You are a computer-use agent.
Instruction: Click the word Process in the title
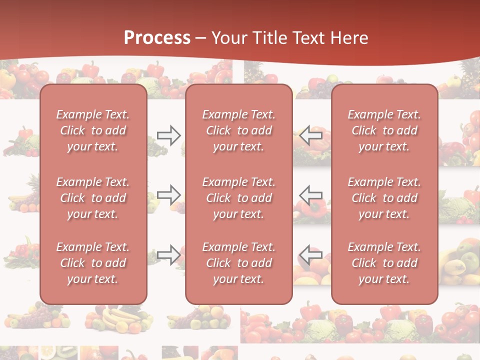157,38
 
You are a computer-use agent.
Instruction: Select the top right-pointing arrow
168,135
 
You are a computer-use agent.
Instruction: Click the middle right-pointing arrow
168,194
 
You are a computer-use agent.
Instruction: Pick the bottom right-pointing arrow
168,254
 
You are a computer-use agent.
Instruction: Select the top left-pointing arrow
311,135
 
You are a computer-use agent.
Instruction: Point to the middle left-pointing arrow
311,194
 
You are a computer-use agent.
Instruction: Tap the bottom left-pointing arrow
311,254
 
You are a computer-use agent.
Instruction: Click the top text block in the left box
93,130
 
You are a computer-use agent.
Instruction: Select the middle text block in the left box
93,198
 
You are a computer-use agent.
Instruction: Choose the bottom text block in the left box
93,263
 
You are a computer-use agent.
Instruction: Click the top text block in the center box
238,130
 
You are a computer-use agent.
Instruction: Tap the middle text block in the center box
238,198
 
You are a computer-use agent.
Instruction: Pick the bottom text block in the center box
238,263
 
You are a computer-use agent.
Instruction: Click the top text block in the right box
384,130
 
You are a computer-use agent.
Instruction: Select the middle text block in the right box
384,198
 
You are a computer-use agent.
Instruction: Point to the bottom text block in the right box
384,263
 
